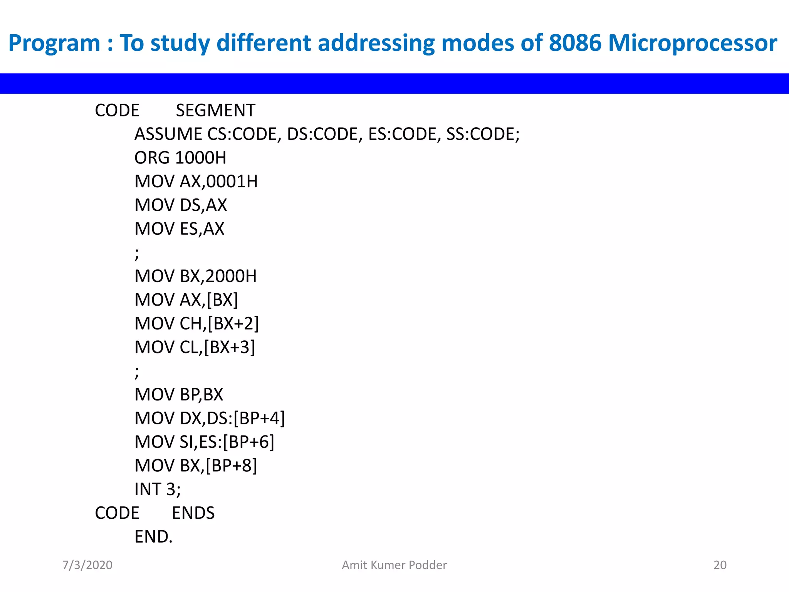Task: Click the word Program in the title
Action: (54, 43)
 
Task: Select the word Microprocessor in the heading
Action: (692, 43)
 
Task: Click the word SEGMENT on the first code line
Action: (215, 111)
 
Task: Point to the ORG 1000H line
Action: (180, 158)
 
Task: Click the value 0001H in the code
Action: (232, 182)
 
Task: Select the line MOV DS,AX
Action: (180, 205)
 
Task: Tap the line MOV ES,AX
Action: (179, 229)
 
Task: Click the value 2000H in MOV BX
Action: (231, 276)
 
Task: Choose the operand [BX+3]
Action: (230, 347)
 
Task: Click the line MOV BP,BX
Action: (179, 395)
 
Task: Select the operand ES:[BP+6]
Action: (237, 442)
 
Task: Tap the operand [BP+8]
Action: (231, 466)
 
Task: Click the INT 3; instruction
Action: (157, 489)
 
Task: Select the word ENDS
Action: (193, 513)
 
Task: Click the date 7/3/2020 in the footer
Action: (87, 565)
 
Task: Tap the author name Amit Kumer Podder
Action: (394, 565)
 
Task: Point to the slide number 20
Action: (720, 565)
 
